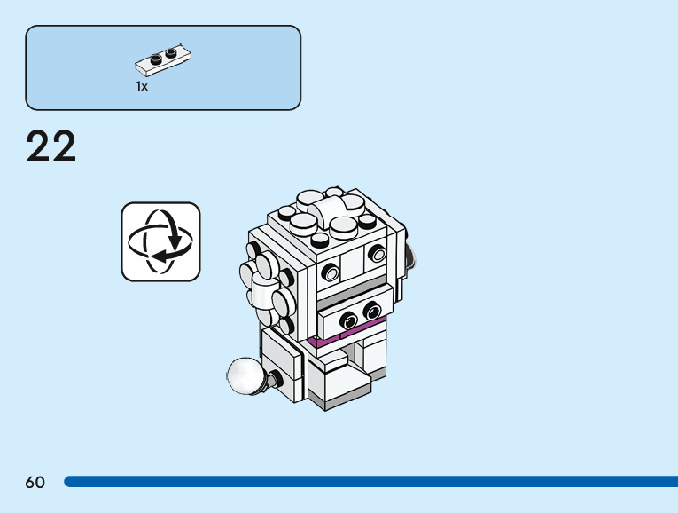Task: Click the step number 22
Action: click(x=51, y=146)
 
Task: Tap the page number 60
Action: click(x=35, y=482)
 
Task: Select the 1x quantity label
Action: click(x=142, y=87)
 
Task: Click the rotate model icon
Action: click(x=160, y=241)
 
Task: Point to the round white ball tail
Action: click(x=245, y=376)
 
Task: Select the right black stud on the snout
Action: click(x=371, y=311)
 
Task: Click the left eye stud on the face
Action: click(x=331, y=272)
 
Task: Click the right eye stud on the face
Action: click(x=378, y=255)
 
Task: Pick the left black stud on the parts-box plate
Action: click(x=156, y=59)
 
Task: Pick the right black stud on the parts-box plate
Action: click(x=171, y=52)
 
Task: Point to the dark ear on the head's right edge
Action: click(x=410, y=257)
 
